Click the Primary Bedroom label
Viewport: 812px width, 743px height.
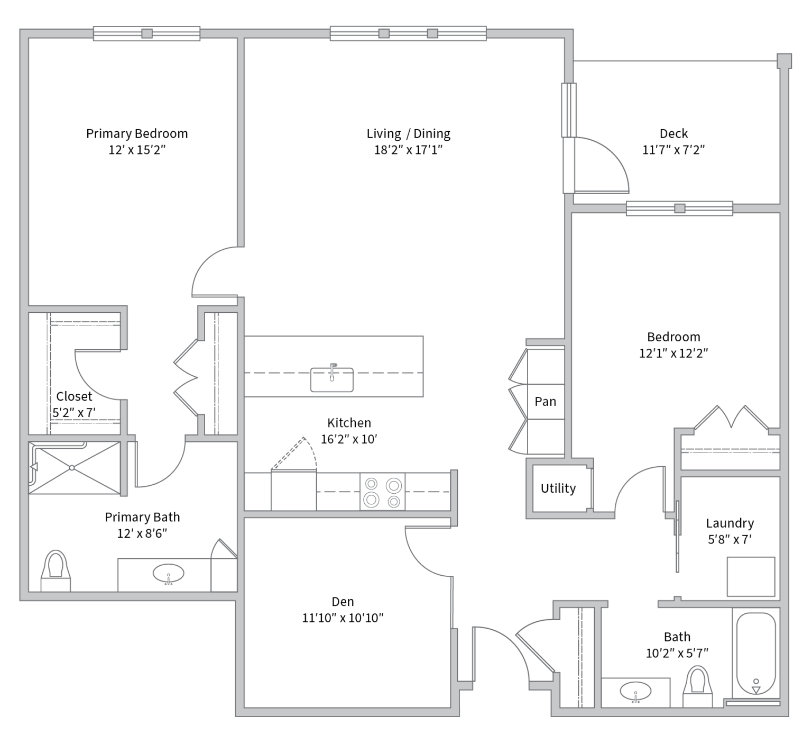pyautogui.click(x=137, y=133)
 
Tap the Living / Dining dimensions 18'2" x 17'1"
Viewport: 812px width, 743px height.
pyautogui.click(x=408, y=150)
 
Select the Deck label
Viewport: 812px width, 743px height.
pyautogui.click(x=673, y=133)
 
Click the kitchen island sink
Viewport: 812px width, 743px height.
pyautogui.click(x=331, y=378)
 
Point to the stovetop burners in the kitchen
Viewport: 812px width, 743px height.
pyautogui.click(x=383, y=492)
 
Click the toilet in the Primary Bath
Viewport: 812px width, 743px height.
pyautogui.click(x=56, y=570)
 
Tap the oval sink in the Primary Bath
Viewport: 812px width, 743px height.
pyautogui.click(x=169, y=574)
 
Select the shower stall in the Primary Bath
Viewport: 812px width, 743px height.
pyautogui.click(x=75, y=468)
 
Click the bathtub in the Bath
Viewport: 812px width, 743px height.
pyautogui.click(x=756, y=654)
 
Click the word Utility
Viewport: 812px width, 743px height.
pyautogui.click(x=558, y=488)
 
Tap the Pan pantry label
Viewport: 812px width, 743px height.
pyautogui.click(x=545, y=402)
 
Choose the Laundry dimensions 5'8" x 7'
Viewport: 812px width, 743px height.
pyautogui.click(x=730, y=540)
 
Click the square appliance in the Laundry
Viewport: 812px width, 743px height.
pyautogui.click(x=751, y=577)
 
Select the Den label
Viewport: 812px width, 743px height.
pyautogui.click(x=343, y=602)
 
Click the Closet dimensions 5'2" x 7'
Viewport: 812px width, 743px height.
pyautogui.click(x=74, y=413)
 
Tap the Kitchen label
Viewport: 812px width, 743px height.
pyautogui.click(x=349, y=423)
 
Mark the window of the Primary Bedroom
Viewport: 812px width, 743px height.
pyautogui.click(x=147, y=33)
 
